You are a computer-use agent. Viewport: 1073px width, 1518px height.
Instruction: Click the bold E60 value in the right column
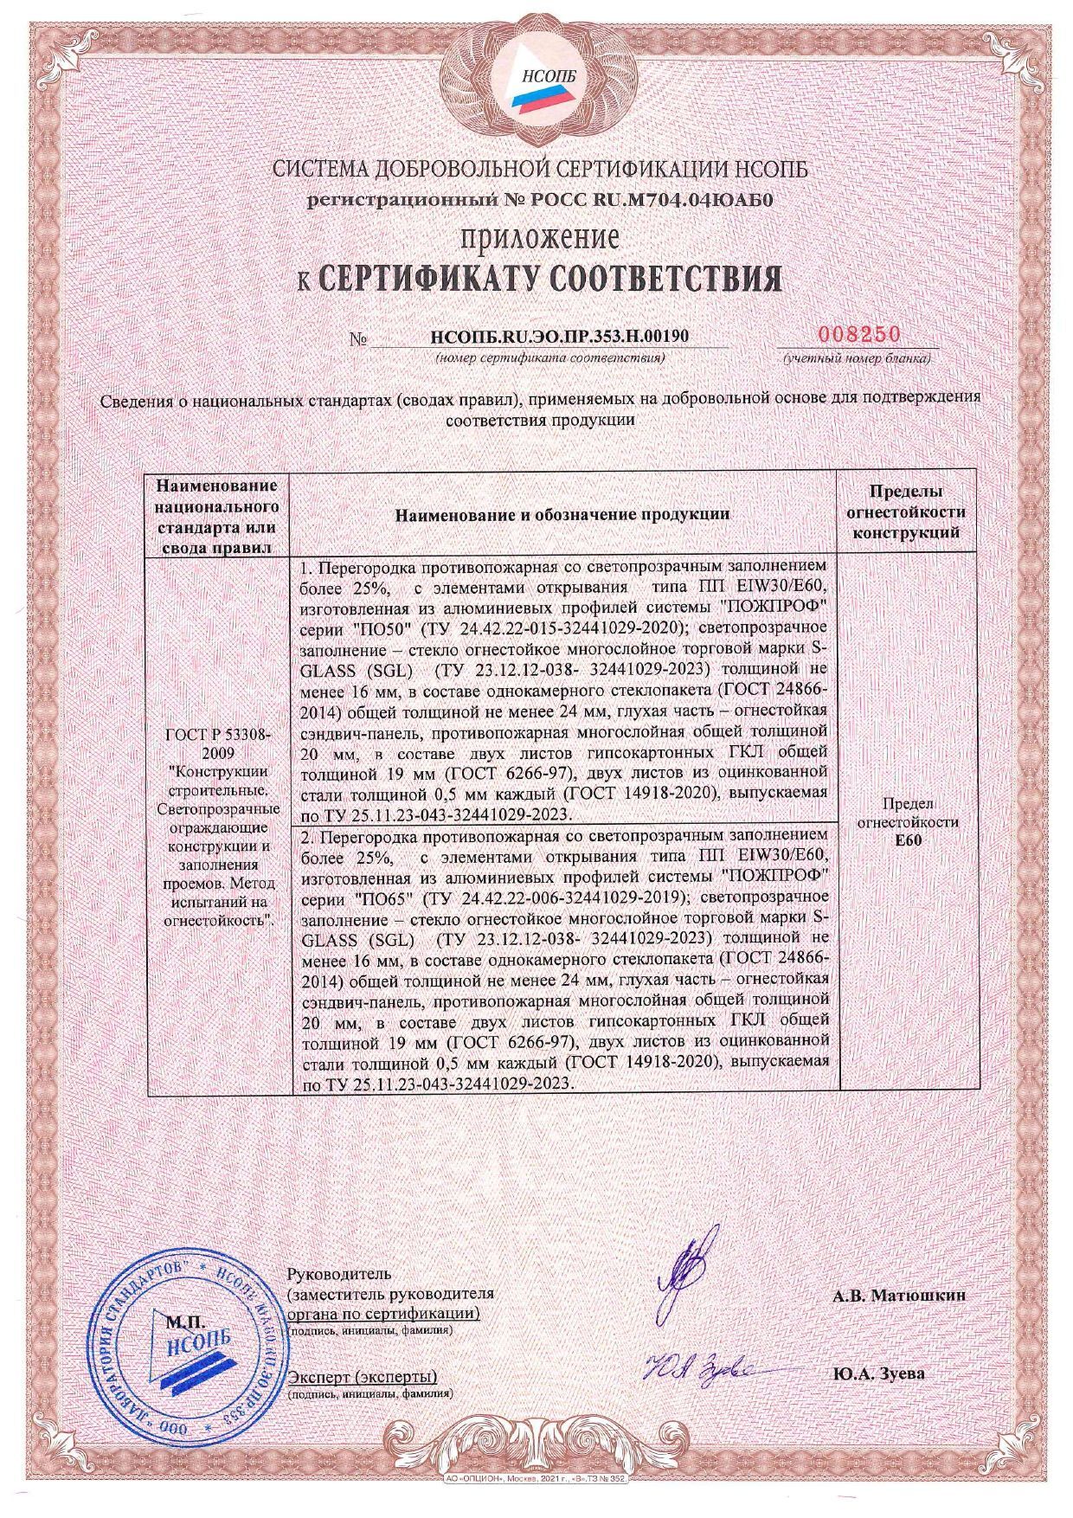pos(907,839)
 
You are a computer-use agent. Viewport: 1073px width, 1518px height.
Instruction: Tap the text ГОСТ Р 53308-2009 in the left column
pos(217,743)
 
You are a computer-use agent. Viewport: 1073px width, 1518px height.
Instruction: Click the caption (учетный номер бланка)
pos(857,357)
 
